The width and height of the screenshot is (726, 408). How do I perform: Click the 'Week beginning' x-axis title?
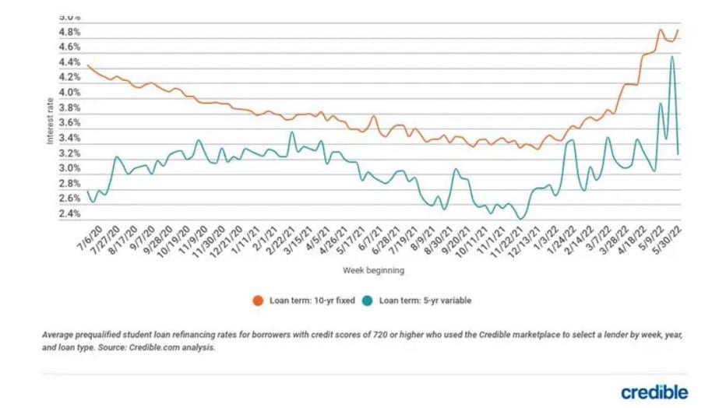pyautogui.click(x=373, y=271)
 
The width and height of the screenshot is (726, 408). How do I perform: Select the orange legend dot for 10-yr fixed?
pyautogui.click(x=256, y=300)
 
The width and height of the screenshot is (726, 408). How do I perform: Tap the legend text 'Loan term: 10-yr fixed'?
pyautogui.click(x=301, y=300)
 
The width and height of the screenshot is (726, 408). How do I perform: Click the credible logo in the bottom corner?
pyautogui.click(x=654, y=391)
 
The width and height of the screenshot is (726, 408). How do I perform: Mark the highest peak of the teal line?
pyautogui.click(x=671, y=56)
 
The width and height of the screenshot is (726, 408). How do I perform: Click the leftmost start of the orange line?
pyautogui.click(x=87, y=65)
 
